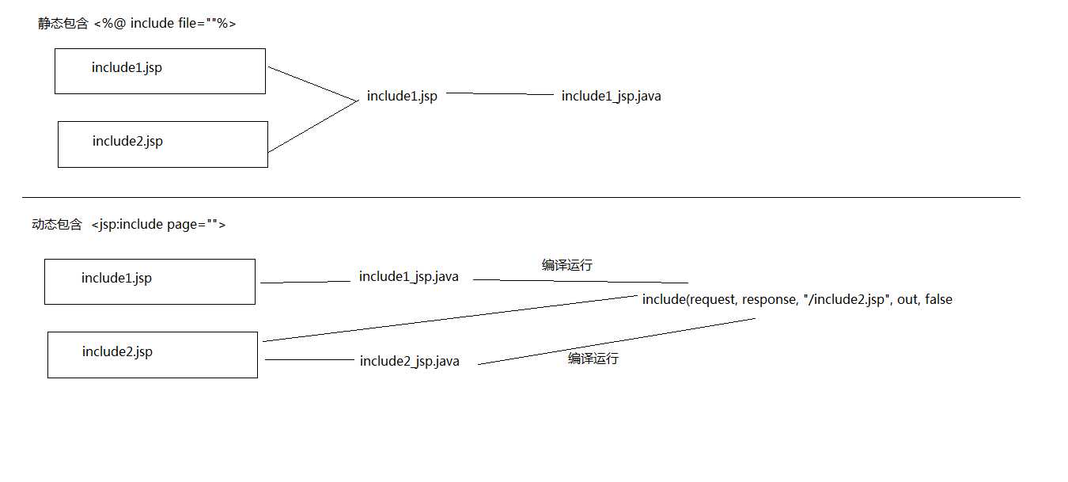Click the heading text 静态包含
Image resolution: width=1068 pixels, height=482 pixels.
pos(63,24)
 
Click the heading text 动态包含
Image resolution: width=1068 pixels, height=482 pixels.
pos(57,224)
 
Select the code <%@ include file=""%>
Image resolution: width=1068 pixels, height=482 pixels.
pos(165,24)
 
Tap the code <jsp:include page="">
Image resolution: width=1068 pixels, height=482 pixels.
pos(158,224)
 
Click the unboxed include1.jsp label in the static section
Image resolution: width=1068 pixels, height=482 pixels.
pos(402,96)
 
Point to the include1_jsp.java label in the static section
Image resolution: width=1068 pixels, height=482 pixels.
pos(612,96)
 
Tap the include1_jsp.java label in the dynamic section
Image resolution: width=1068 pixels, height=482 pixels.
pos(408,276)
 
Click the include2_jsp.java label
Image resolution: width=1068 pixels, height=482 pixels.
pos(410,361)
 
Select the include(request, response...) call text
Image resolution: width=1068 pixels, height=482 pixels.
pos(797,299)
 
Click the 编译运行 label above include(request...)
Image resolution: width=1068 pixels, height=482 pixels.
pos(567,265)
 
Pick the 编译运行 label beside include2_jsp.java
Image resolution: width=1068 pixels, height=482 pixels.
pos(593,358)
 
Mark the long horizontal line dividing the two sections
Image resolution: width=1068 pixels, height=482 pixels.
pos(521,197)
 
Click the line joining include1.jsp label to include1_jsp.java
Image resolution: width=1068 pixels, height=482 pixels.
pos(500,94)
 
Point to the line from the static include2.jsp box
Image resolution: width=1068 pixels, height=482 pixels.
pos(312,127)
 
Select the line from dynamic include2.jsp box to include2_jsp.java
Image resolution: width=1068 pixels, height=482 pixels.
pos(309,360)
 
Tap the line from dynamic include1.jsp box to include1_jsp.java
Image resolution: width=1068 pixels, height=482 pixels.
pos(305,282)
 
